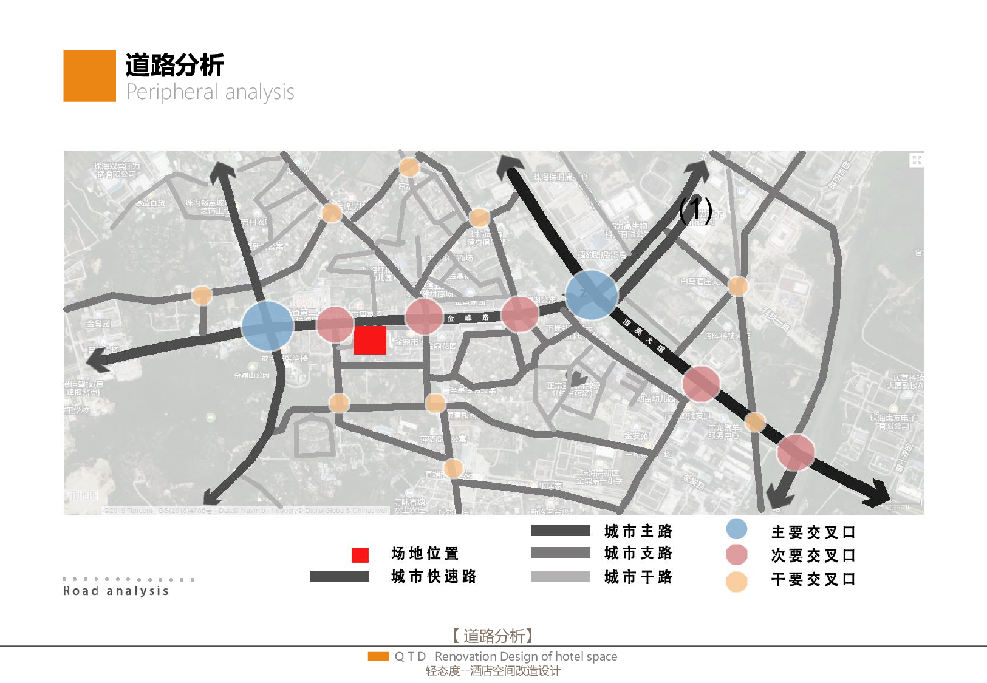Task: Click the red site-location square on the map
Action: (370, 340)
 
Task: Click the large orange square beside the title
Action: (89, 76)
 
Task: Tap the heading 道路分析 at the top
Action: (175, 66)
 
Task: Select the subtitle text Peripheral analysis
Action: (210, 92)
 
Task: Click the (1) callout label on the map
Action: (695, 210)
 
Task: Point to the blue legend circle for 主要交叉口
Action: (737, 529)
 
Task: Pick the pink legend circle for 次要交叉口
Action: (737, 555)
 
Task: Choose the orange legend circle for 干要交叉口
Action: (737, 582)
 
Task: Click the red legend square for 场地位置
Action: (360, 555)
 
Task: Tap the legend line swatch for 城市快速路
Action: (340, 576)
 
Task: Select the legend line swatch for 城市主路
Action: (561, 531)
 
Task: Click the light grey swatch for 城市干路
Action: (561, 576)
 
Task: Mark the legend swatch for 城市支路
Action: (561, 552)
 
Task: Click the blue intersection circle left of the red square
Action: (267, 325)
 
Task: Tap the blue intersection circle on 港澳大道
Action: (592, 295)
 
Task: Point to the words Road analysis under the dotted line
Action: (116, 591)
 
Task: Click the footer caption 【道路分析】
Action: (493, 636)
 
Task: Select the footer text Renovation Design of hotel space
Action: (526, 656)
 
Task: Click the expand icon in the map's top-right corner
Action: (917, 160)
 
